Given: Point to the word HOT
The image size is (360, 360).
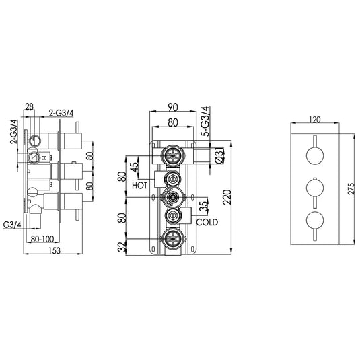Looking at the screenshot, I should pyautogui.click(x=140, y=184).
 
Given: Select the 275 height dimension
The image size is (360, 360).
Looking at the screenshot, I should pyautogui.click(x=349, y=190).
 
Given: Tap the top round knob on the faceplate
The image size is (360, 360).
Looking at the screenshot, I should pyautogui.click(x=315, y=156).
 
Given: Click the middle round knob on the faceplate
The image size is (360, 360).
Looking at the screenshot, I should pyautogui.click(x=315, y=188).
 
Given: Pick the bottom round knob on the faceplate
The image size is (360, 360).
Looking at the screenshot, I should pyautogui.click(x=315, y=219).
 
